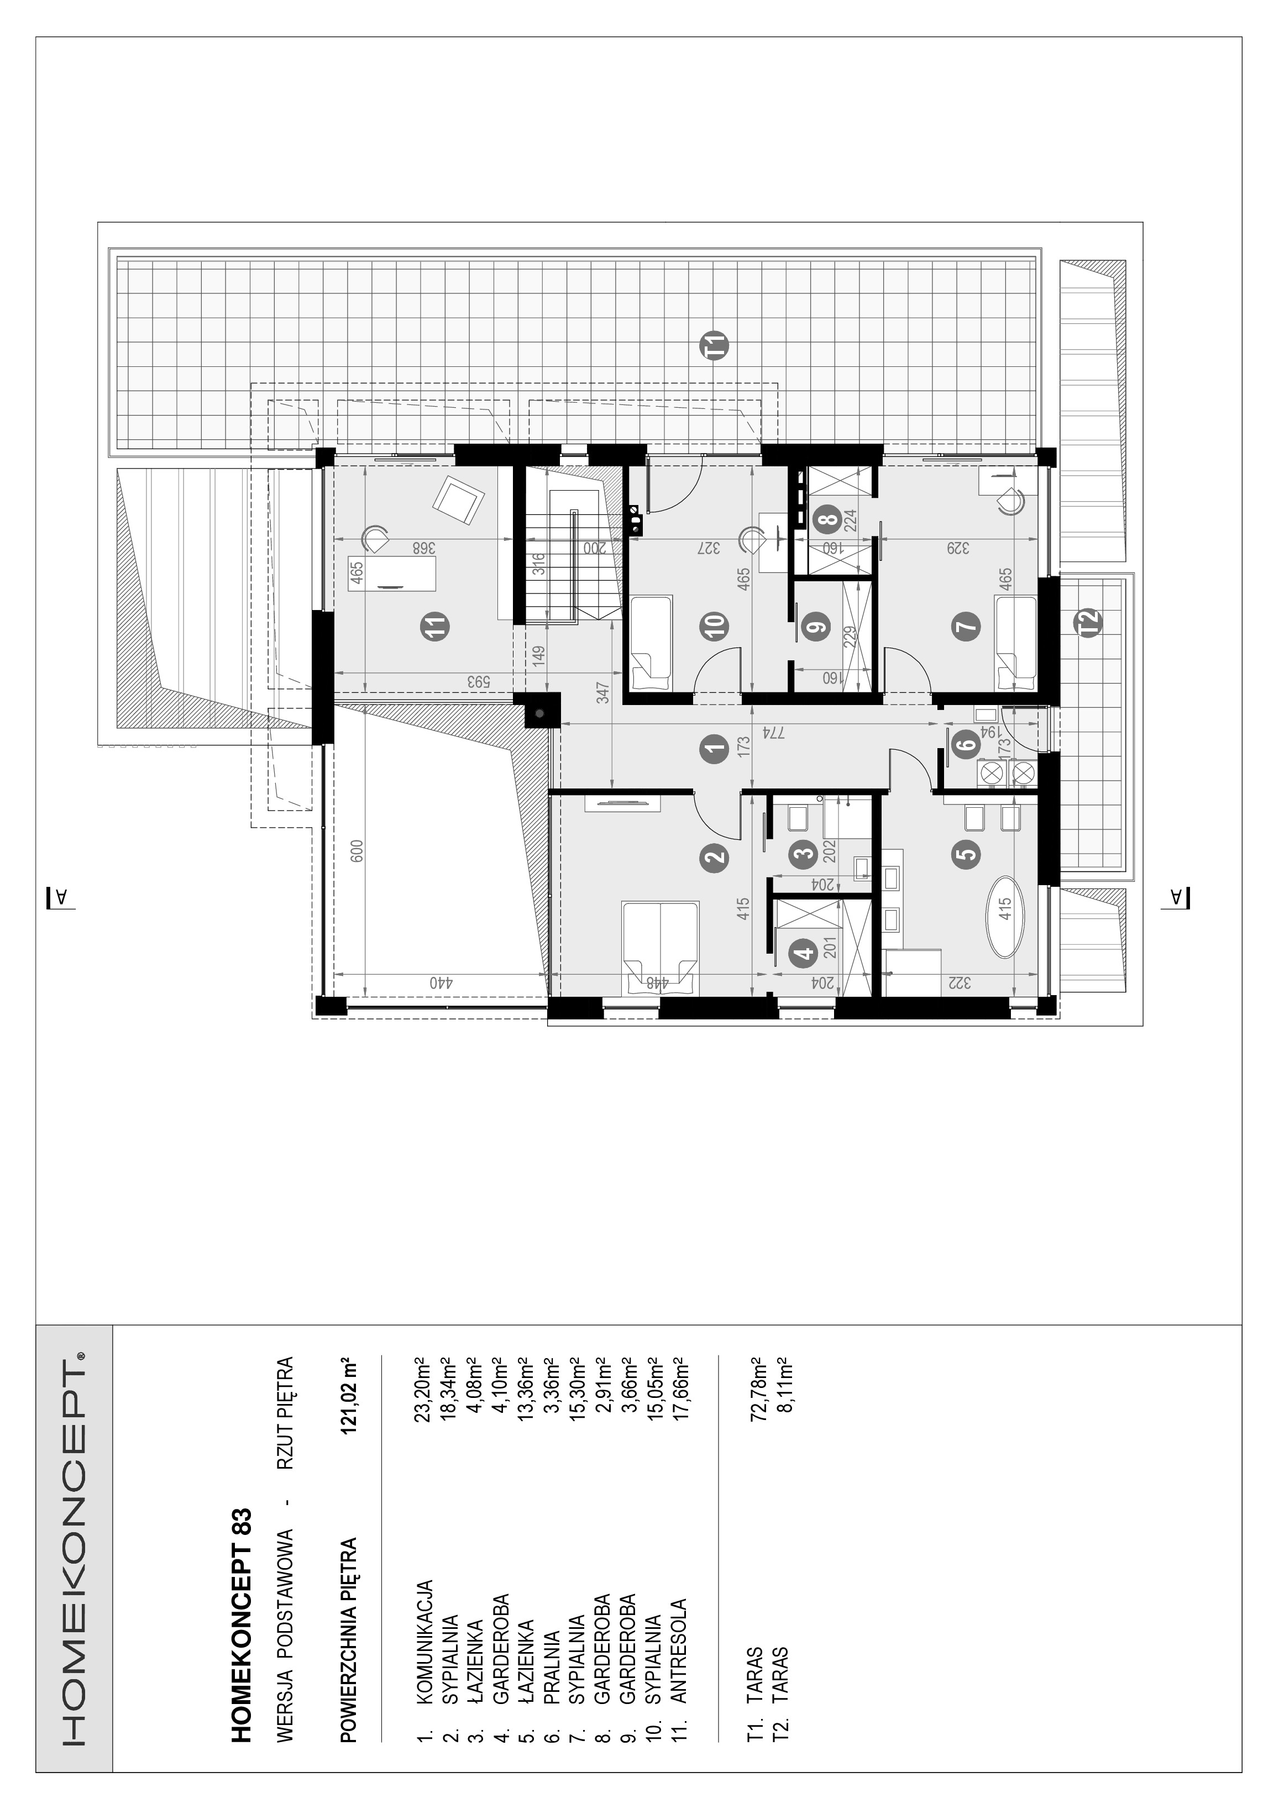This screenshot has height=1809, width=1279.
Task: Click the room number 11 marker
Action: [x=434, y=627]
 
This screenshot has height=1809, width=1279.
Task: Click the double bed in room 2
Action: [x=661, y=947]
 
